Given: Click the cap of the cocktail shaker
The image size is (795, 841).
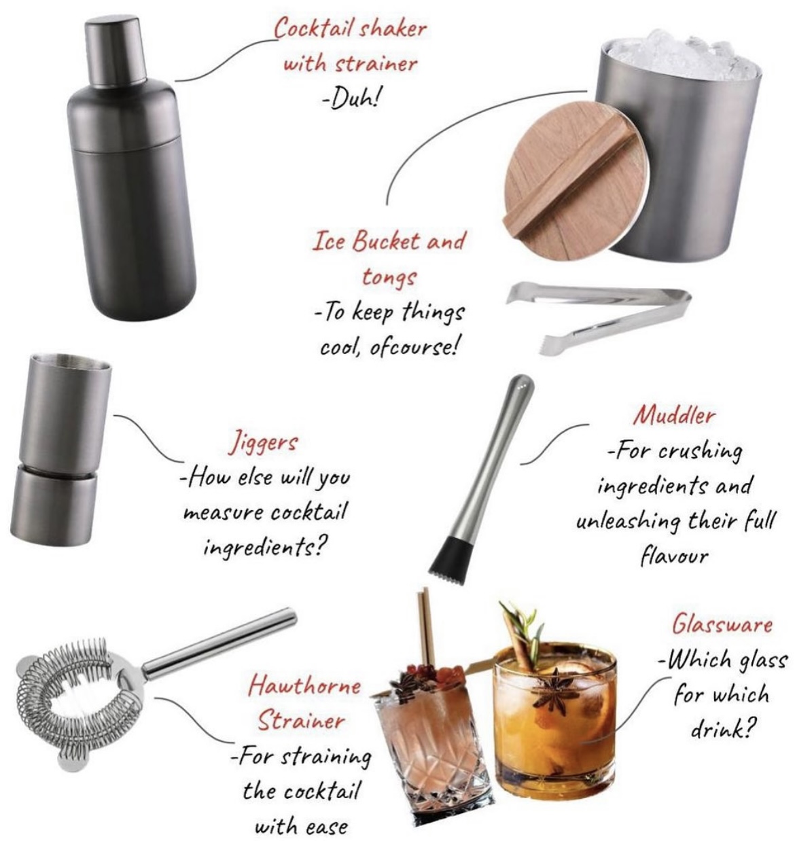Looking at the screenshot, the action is coord(116,52).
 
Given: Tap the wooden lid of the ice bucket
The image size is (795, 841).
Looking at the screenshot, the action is coord(576,181).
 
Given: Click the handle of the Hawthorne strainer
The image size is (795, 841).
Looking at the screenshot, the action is coord(219,644).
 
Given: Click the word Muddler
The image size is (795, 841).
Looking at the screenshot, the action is coord(674,415).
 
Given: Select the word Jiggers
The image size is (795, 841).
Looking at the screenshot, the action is coord(263,443).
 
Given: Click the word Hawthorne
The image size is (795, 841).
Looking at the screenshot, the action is coord(304,685).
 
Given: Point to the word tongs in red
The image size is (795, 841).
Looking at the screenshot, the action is coord(389,277).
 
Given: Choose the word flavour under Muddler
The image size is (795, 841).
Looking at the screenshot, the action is coord(674,556).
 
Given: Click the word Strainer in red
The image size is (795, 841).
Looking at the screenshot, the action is coord(301,721).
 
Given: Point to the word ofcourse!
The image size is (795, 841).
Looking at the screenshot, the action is coord(414,348).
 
